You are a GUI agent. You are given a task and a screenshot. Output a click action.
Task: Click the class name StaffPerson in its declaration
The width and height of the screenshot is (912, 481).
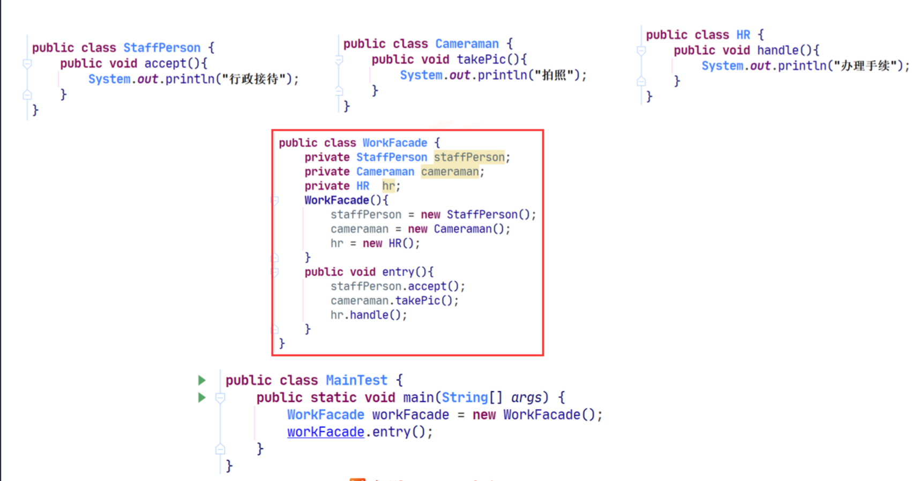161,48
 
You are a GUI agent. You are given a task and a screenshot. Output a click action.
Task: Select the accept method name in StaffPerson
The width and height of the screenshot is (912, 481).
165,63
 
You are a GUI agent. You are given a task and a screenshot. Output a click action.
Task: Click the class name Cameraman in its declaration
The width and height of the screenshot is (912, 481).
466,44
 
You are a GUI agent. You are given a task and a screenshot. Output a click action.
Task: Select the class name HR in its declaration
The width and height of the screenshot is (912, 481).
743,35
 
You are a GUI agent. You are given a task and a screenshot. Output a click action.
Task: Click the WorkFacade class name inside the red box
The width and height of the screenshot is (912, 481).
394,143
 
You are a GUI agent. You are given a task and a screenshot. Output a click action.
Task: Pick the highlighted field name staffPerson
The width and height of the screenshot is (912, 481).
469,157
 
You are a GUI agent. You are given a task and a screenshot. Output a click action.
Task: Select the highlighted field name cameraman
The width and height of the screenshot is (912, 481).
449,172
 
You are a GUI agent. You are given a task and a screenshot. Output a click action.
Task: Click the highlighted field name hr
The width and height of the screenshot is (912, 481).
388,186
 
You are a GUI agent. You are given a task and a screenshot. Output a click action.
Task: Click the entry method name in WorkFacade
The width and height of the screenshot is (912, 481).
398,272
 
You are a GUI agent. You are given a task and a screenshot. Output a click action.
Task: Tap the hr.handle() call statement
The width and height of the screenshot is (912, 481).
368,315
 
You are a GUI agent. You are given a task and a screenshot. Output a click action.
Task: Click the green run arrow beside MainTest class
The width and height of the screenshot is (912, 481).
202,380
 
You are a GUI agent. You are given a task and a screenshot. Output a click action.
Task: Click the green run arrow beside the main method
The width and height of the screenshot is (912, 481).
202,397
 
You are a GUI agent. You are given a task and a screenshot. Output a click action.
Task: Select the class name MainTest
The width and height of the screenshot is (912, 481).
356,380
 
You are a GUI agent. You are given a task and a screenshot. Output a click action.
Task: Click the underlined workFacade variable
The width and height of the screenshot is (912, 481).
325,432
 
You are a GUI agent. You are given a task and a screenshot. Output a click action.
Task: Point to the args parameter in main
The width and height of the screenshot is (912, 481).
526,397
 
